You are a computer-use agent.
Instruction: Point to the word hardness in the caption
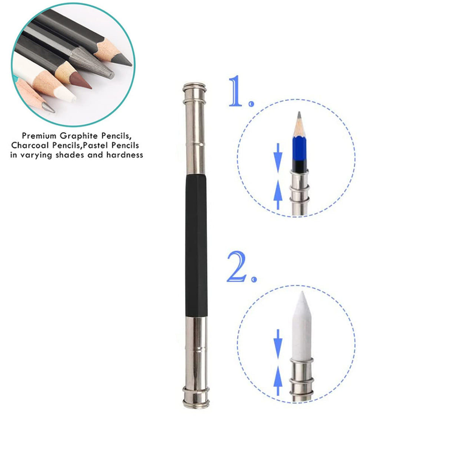(125, 155)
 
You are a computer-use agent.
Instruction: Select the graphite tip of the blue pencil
(299, 116)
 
